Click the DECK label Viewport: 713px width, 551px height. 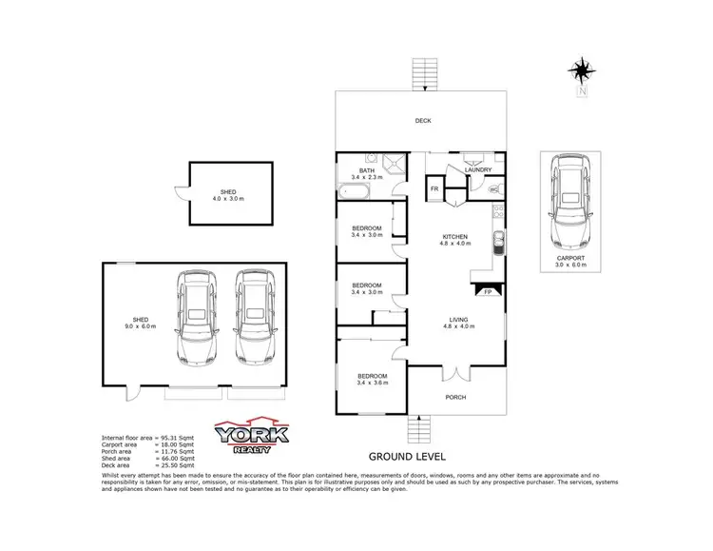423,121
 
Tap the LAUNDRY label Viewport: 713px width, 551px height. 477,170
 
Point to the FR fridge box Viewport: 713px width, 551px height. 434,190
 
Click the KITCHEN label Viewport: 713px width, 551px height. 454,236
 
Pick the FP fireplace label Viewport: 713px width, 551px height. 489,292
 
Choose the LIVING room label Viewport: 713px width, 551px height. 454,321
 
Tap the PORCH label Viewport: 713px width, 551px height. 455,396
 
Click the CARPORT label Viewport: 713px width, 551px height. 571,258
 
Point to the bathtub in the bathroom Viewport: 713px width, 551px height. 355,192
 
